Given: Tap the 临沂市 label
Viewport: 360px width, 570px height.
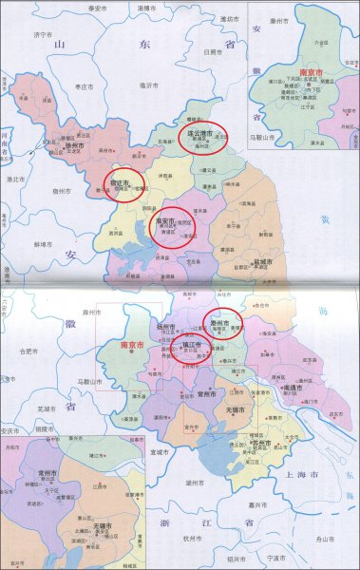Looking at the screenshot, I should tap(146, 84).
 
